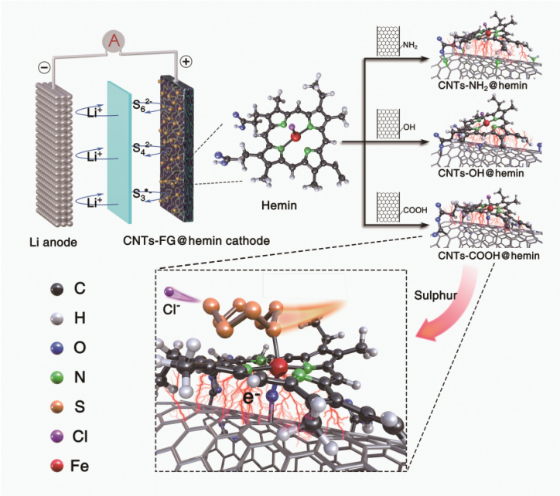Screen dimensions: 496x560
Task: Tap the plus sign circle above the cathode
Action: [x=186, y=61]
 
